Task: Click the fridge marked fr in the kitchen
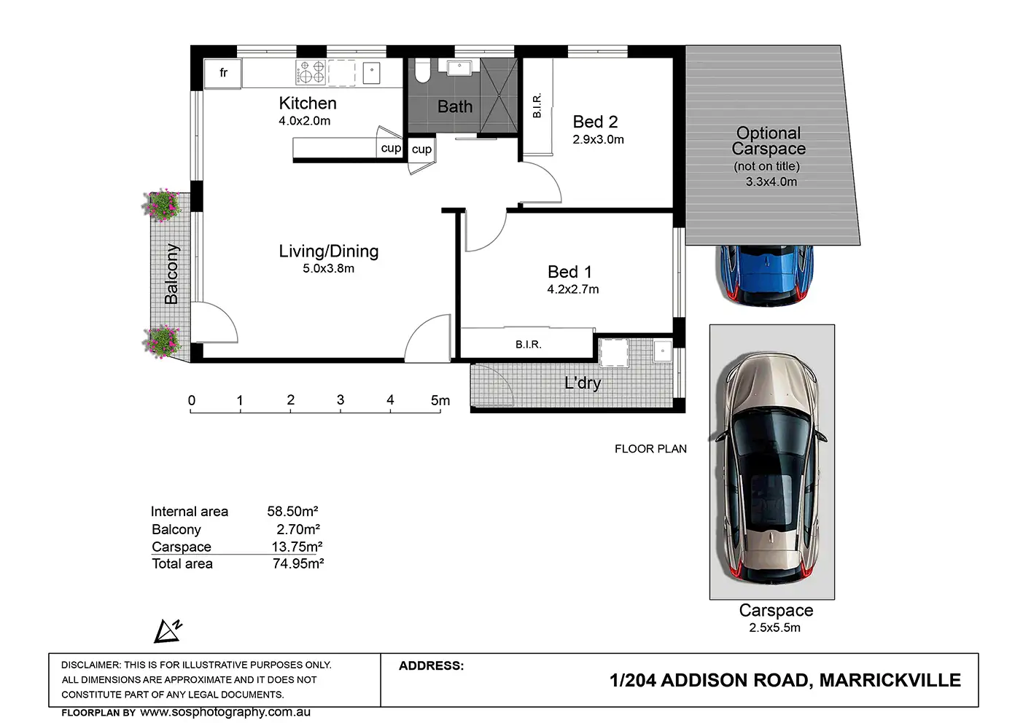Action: pyautogui.click(x=222, y=73)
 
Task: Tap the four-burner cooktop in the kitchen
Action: pyautogui.click(x=311, y=73)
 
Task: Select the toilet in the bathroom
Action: pyautogui.click(x=422, y=71)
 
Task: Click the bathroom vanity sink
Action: pyautogui.click(x=459, y=67)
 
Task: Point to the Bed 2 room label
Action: pyautogui.click(x=595, y=122)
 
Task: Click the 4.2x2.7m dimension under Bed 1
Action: pyautogui.click(x=572, y=289)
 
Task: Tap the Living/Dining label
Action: pyautogui.click(x=329, y=251)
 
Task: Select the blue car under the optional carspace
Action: pyautogui.click(x=764, y=275)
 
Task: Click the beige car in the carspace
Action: pyautogui.click(x=771, y=468)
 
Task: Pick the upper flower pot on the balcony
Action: pyautogui.click(x=162, y=205)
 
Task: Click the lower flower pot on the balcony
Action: pyautogui.click(x=162, y=341)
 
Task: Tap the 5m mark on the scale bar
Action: pyautogui.click(x=440, y=401)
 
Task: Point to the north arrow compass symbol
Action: pyautogui.click(x=168, y=631)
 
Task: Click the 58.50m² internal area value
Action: pyautogui.click(x=292, y=511)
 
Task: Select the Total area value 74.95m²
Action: pyautogui.click(x=298, y=563)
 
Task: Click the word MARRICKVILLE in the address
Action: pyautogui.click(x=890, y=681)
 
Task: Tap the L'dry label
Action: pyautogui.click(x=583, y=383)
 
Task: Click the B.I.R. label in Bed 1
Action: pyautogui.click(x=529, y=345)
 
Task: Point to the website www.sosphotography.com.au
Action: pyautogui.click(x=225, y=712)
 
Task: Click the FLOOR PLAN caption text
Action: pyautogui.click(x=650, y=449)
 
